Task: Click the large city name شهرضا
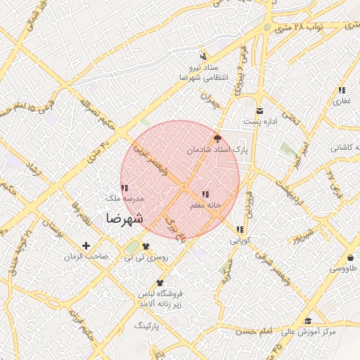pyautogui.click(x=124, y=219)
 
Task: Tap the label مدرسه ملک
pyautogui.click(x=124, y=199)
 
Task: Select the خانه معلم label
pyautogui.click(x=206, y=205)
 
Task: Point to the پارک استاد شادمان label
pyautogui.click(x=217, y=150)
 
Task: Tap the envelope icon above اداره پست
pyautogui.click(x=260, y=111)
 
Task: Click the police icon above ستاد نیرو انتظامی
pyautogui.click(x=203, y=56)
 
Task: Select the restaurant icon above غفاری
pyautogui.click(x=342, y=90)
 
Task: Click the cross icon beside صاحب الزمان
pyautogui.click(x=86, y=245)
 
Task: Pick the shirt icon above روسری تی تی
pyautogui.click(x=146, y=246)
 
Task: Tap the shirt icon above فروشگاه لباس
pyautogui.click(x=160, y=282)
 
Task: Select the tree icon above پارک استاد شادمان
pyautogui.click(x=217, y=139)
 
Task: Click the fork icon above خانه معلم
pyautogui.click(x=205, y=194)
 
